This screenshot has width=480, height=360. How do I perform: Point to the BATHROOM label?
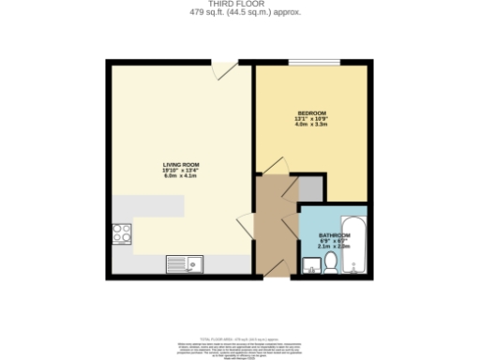[334, 235]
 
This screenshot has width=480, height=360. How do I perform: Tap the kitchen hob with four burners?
[122, 233]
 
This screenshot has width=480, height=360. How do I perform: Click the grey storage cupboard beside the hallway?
[310, 187]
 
